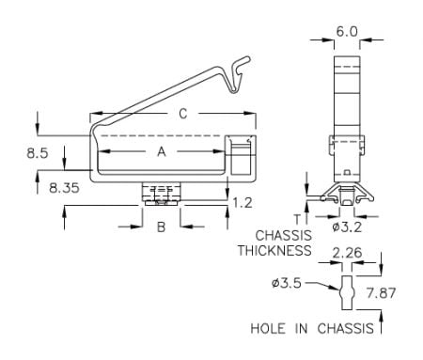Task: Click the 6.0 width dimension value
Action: tap(347, 32)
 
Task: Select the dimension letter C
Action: tap(183, 114)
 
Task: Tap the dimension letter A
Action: tap(162, 152)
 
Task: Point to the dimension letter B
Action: tap(161, 227)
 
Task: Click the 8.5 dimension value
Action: tap(38, 153)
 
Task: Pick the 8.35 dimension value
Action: tap(64, 188)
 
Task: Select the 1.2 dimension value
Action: tap(243, 203)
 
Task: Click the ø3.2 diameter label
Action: tap(347, 227)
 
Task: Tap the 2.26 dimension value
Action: tap(347, 253)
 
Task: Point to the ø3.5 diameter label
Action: tap(287, 283)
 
